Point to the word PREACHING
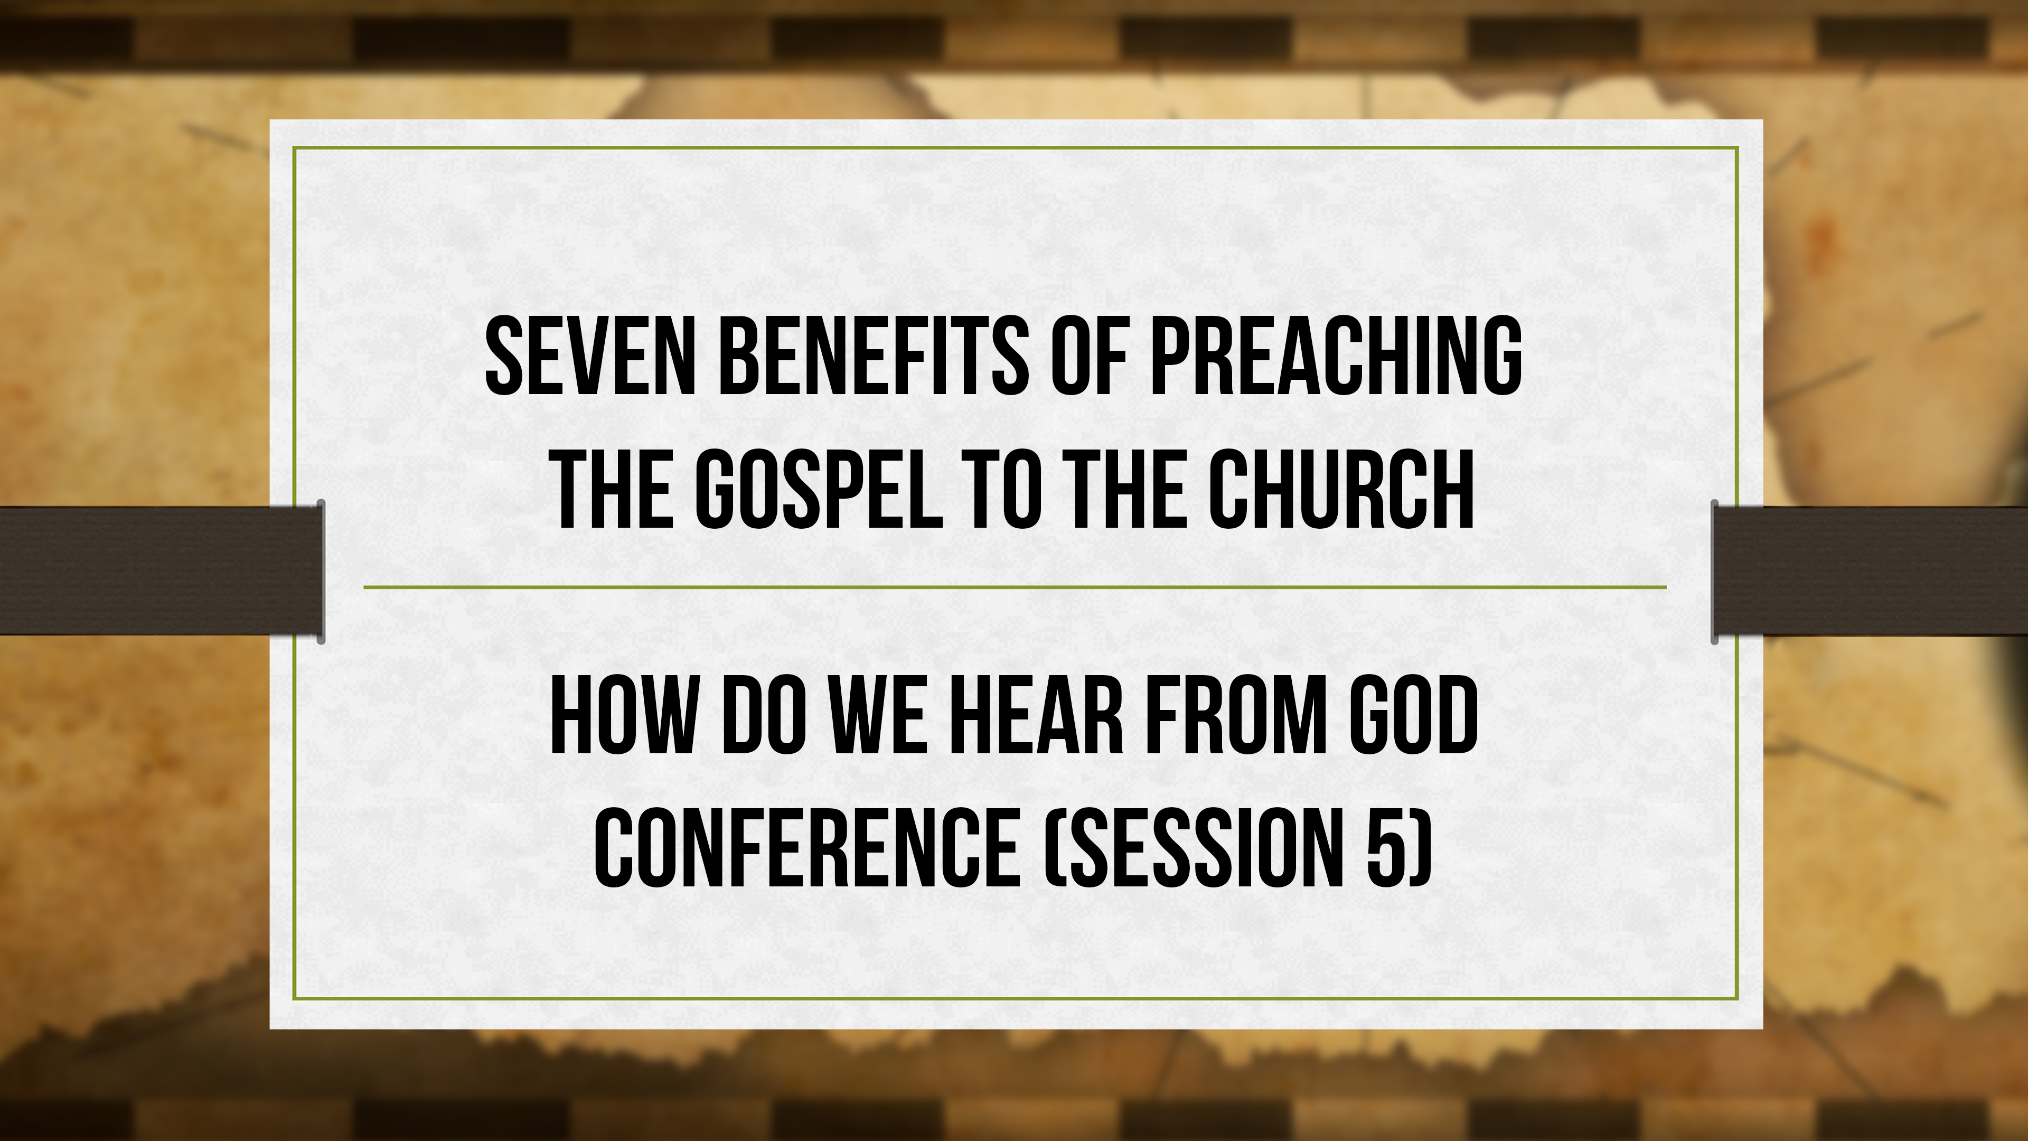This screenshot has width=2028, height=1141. coord(1336,356)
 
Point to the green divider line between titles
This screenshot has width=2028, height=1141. coord(1014,587)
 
